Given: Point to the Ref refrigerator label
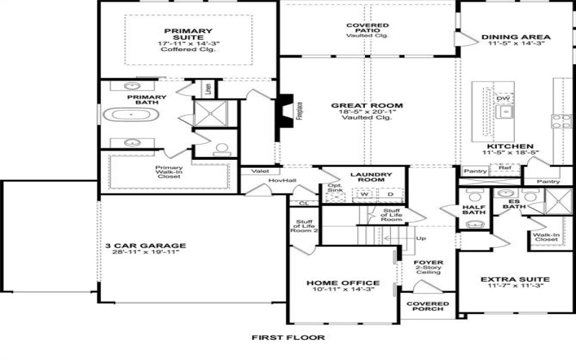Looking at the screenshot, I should (505, 168).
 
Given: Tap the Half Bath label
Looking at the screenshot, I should (474, 210).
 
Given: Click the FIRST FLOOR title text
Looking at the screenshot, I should (288, 337).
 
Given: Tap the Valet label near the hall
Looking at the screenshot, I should (260, 171).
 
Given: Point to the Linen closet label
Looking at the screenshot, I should (209, 89).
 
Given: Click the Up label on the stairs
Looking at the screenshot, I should (420, 238).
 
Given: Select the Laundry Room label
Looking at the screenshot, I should (370, 178).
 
